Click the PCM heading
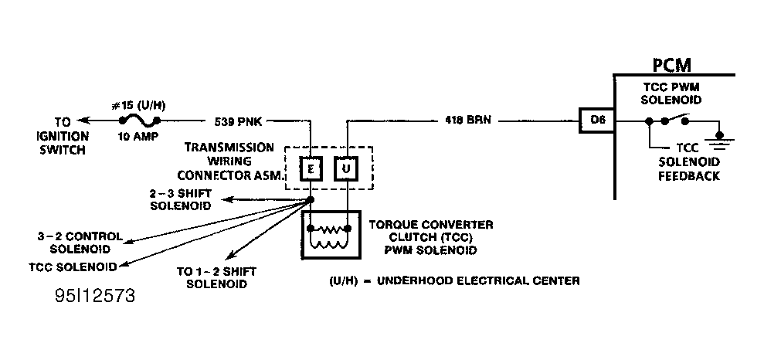pyautogui.click(x=672, y=65)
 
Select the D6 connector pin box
pyautogui.click(x=597, y=121)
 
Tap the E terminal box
pyautogui.click(x=311, y=168)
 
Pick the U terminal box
pyautogui.click(x=346, y=168)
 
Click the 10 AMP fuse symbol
pyautogui.click(x=139, y=120)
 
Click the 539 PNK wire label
pyautogui.click(x=238, y=122)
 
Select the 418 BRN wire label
pyautogui.click(x=468, y=120)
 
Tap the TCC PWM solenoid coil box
pyautogui.click(x=331, y=234)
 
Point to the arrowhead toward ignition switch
pyautogui.click(x=83, y=120)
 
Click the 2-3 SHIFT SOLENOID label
pyautogui.click(x=181, y=199)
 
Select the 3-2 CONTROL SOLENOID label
pyautogui.click(x=80, y=243)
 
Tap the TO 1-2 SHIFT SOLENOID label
pyautogui.click(x=216, y=277)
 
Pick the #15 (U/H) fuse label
pyautogui.click(x=138, y=106)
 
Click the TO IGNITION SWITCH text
pyautogui.click(x=63, y=136)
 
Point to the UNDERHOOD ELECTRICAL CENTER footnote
pyautogui.click(x=454, y=281)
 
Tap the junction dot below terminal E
pyautogui.click(x=311, y=200)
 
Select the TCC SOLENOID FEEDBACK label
pyautogui.click(x=689, y=161)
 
